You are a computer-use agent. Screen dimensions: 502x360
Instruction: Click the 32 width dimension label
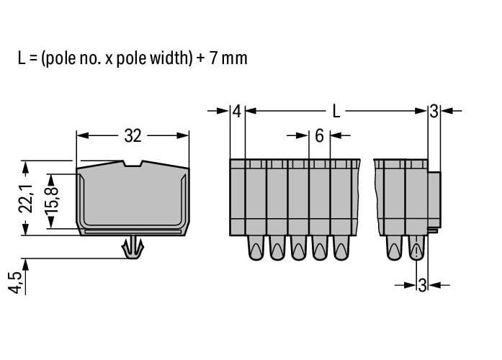pyautogui.click(x=133, y=136)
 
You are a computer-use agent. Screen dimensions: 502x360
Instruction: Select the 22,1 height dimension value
pyautogui.click(x=26, y=199)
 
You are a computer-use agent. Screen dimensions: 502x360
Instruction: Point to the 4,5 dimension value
pyautogui.click(x=14, y=282)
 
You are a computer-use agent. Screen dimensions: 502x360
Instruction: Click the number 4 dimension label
pyautogui.click(x=236, y=112)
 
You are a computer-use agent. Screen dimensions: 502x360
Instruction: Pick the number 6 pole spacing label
pyautogui.click(x=319, y=136)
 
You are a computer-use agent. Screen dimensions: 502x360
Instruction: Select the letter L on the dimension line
pyautogui.click(x=336, y=112)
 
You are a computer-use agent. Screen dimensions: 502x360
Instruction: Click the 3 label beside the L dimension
pyautogui.click(x=434, y=112)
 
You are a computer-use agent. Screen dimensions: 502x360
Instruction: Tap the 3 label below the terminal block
pyautogui.click(x=422, y=285)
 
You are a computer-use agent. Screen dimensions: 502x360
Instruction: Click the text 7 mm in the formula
pyautogui.click(x=228, y=58)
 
